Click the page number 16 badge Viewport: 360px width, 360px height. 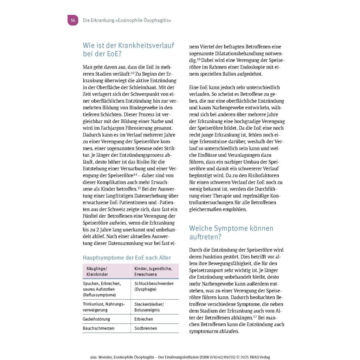73,20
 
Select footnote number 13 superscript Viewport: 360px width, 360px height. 133,73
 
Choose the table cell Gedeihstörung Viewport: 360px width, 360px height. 96,319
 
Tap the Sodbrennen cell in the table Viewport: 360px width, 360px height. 146,328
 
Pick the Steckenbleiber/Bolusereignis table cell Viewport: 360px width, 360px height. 149,307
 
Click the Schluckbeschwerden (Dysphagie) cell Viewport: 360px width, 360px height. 154,286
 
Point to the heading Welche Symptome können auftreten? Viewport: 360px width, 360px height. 231,232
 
